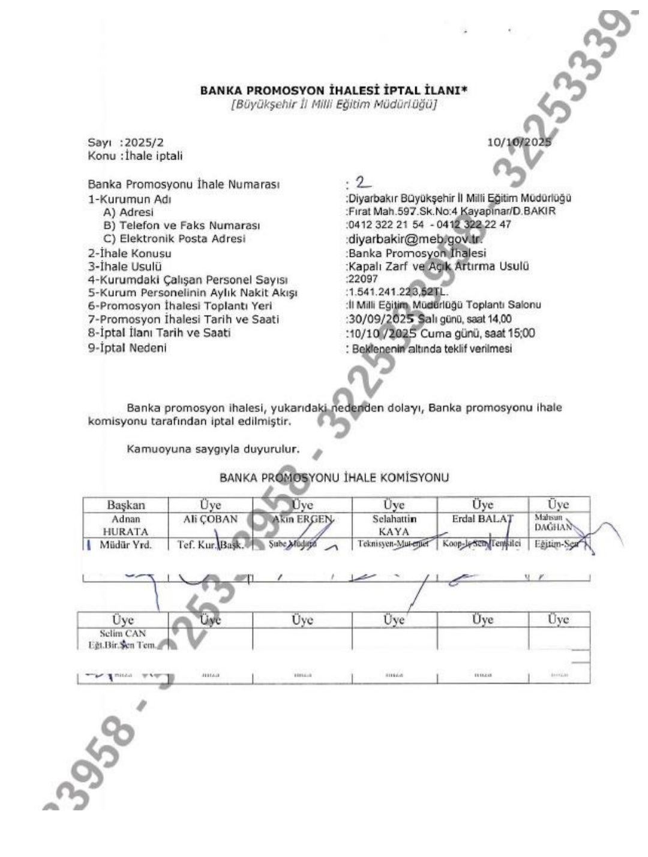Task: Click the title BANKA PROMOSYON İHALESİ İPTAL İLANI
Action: (334, 91)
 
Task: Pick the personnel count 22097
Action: (363, 279)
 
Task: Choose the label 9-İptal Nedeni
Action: (127, 348)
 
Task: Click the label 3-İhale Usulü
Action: (125, 266)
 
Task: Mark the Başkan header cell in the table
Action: (125, 505)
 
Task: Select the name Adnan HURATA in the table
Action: (125, 525)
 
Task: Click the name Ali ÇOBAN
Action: (210, 519)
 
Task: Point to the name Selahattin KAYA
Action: (394, 525)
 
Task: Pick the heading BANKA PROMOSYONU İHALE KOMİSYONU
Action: (334, 478)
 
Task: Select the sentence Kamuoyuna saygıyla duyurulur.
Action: (214, 448)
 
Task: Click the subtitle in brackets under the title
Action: (334, 104)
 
